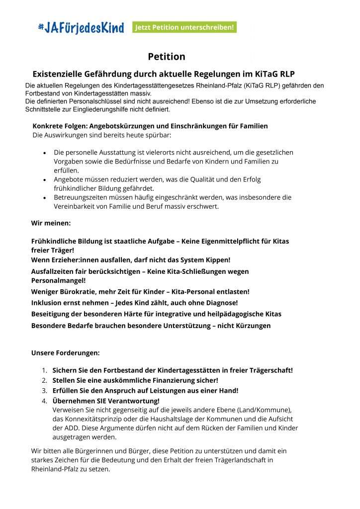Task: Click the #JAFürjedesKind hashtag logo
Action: (x=81, y=28)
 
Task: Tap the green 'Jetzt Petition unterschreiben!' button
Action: (x=184, y=27)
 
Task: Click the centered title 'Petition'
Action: (x=166, y=57)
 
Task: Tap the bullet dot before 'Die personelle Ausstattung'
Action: (x=45, y=153)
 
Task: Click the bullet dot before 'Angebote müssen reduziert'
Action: (x=45, y=179)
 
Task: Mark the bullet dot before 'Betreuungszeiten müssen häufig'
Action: (x=45, y=197)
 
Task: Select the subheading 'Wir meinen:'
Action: (x=51, y=223)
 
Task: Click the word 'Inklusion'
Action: (x=48, y=302)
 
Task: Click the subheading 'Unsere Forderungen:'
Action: (x=65, y=353)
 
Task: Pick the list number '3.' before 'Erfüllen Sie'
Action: (x=44, y=391)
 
